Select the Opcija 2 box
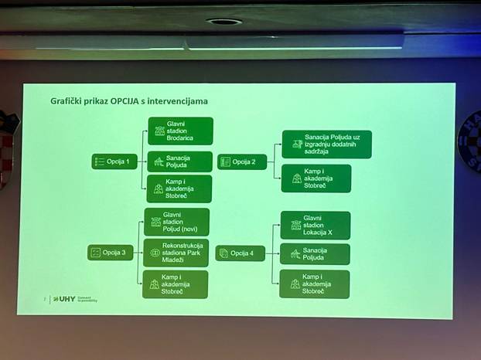(x=241, y=161)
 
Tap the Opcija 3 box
(x=111, y=252)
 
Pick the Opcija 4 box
(x=240, y=253)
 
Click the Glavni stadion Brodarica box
(x=179, y=131)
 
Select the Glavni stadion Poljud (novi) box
(x=176, y=222)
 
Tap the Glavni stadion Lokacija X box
(x=315, y=225)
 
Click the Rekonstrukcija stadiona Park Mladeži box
(x=176, y=252)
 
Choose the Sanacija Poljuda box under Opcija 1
(x=179, y=161)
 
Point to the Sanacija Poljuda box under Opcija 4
(x=315, y=254)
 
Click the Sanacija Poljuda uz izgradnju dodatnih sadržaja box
(x=326, y=144)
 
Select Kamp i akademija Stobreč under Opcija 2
(x=316, y=178)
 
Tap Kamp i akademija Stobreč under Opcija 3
(x=176, y=284)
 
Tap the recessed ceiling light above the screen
(x=224, y=22)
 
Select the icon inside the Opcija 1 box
(x=99, y=161)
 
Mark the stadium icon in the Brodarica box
(x=159, y=131)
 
